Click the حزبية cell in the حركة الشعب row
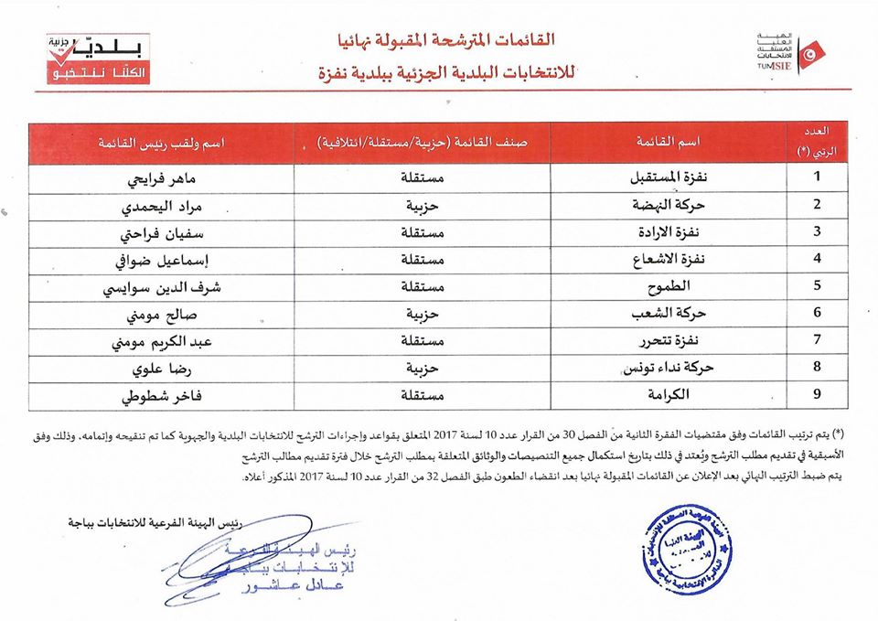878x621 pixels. (423, 313)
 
